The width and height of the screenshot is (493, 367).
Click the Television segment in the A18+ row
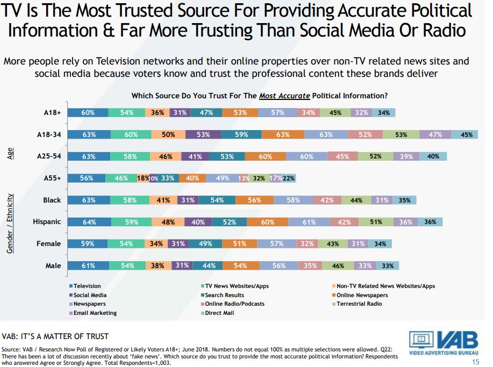tap(88, 113)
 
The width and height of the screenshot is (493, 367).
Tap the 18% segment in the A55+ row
tap(142, 178)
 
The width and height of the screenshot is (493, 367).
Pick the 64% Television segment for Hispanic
tap(89, 222)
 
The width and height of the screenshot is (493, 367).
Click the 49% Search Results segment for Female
tap(206, 244)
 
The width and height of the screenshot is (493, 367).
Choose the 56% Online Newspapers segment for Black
tap(254, 200)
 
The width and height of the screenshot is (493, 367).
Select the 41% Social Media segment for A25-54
tap(194, 156)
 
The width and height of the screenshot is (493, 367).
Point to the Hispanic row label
tap(47, 222)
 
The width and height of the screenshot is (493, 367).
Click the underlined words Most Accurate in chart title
tap(284, 96)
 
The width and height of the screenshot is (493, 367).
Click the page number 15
tap(475, 362)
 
